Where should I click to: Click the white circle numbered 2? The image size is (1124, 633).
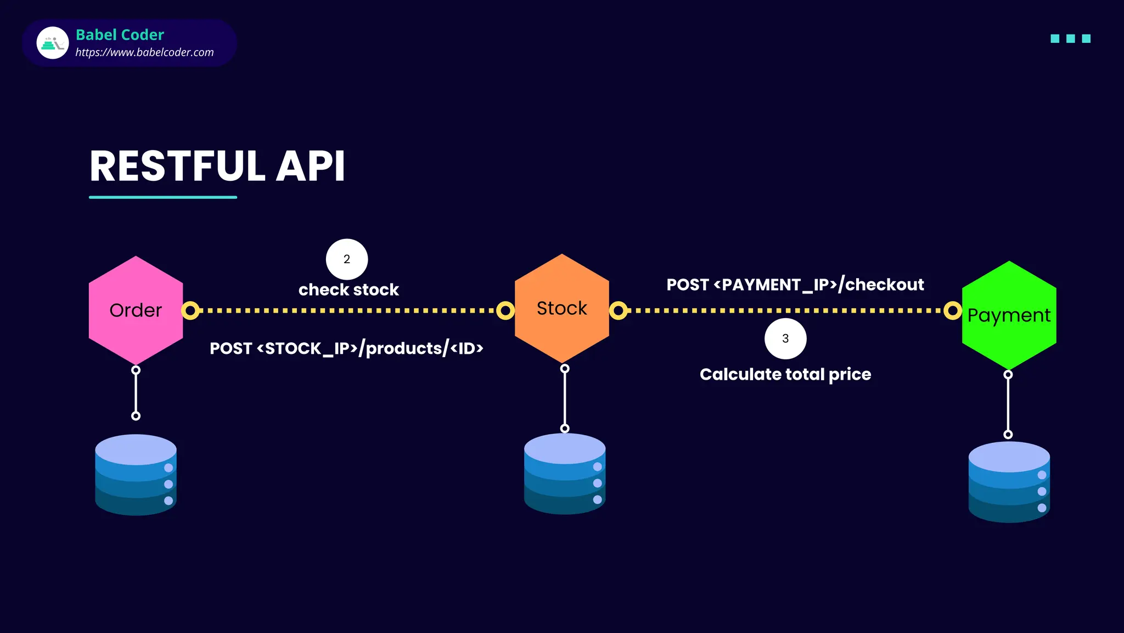pyautogui.click(x=347, y=259)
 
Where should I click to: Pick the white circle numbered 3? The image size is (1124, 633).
pyautogui.click(x=785, y=338)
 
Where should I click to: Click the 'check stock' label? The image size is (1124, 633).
pyautogui.click(x=349, y=290)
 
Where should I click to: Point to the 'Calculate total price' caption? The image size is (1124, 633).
pyautogui.click(x=785, y=374)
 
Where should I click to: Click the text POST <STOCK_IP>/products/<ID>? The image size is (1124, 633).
pyautogui.click(x=346, y=348)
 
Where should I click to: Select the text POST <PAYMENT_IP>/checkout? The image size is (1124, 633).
pyautogui.click(x=795, y=285)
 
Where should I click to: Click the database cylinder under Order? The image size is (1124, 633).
pyautogui.click(x=136, y=475)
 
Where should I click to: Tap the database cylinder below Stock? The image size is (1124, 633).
pyautogui.click(x=565, y=474)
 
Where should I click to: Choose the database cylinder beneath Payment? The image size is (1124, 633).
pyautogui.click(x=1009, y=482)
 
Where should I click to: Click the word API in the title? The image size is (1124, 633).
pyautogui.click(x=310, y=166)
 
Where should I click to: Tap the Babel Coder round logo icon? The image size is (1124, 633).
pyautogui.click(x=53, y=43)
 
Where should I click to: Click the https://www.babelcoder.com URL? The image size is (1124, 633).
pyautogui.click(x=144, y=52)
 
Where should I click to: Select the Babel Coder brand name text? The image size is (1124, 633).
pyautogui.click(x=120, y=35)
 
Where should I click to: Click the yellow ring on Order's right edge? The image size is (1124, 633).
pyautogui.click(x=190, y=310)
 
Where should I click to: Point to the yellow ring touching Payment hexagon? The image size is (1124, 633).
pyautogui.click(x=953, y=310)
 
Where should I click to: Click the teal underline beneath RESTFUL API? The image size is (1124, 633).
pyautogui.click(x=163, y=197)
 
